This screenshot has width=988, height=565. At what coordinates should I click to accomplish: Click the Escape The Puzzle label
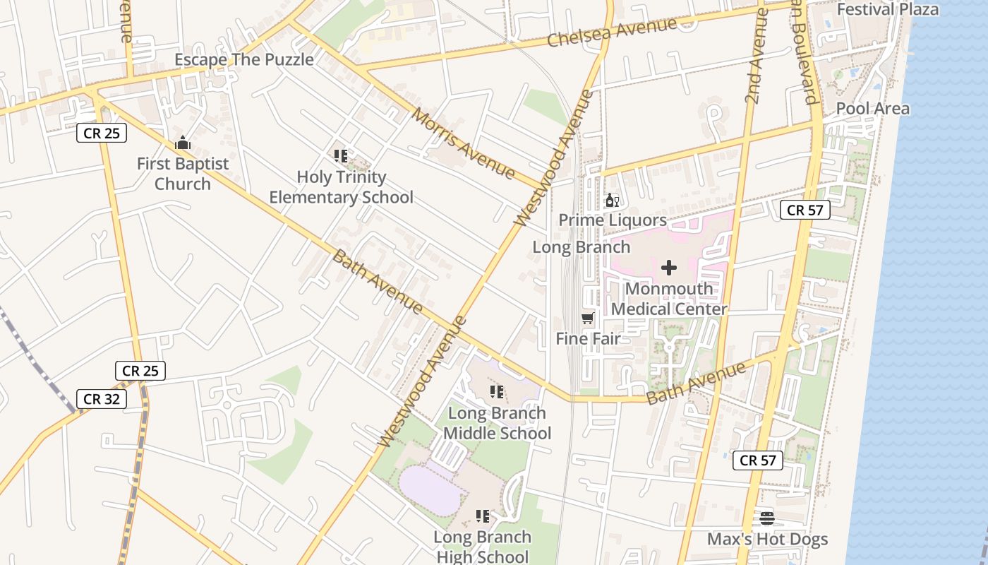[x=244, y=60]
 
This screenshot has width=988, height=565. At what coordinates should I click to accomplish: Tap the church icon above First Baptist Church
[x=183, y=143]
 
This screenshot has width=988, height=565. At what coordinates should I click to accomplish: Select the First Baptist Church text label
[x=183, y=174]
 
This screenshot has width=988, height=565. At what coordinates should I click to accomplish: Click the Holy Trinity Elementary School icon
[x=341, y=156]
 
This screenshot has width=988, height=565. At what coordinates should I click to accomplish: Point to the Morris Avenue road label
[x=464, y=143]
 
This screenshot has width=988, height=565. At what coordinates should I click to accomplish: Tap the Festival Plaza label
[x=887, y=9]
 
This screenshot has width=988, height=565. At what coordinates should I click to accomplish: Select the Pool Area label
[x=872, y=109]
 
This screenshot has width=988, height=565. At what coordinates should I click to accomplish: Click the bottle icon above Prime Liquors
[x=612, y=201]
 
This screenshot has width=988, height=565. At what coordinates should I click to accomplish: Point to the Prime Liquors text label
[x=612, y=220]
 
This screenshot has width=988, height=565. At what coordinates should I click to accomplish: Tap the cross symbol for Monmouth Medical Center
[x=668, y=268]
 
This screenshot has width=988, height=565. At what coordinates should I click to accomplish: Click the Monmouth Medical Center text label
[x=668, y=299]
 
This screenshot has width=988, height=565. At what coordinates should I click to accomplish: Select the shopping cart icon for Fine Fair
[x=588, y=319]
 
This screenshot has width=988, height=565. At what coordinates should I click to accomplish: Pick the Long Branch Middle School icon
[x=497, y=392]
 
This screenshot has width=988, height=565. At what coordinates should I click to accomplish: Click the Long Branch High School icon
[x=483, y=516]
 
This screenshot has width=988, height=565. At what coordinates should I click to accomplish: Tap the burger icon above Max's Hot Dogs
[x=767, y=518]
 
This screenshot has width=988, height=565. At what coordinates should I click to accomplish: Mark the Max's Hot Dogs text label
[x=767, y=540]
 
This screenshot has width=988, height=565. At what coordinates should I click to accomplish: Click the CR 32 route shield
[x=102, y=399]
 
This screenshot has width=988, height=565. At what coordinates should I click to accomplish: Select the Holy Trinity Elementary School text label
[x=341, y=187]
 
